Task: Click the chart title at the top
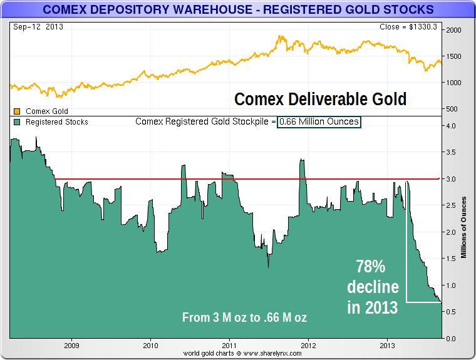click(237, 9)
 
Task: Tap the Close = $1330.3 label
click(410, 27)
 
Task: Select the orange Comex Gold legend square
click(17, 111)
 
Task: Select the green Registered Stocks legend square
click(17, 122)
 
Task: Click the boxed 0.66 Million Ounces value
click(319, 121)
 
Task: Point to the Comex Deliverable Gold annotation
click(320, 99)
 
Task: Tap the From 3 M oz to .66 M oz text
click(244, 317)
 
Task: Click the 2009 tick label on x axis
click(71, 345)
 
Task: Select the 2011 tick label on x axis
click(229, 345)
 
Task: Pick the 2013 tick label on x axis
click(387, 345)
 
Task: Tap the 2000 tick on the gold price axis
click(454, 30)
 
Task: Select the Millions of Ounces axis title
click(464, 227)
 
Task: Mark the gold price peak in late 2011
click(280, 36)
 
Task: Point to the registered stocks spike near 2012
click(302, 160)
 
